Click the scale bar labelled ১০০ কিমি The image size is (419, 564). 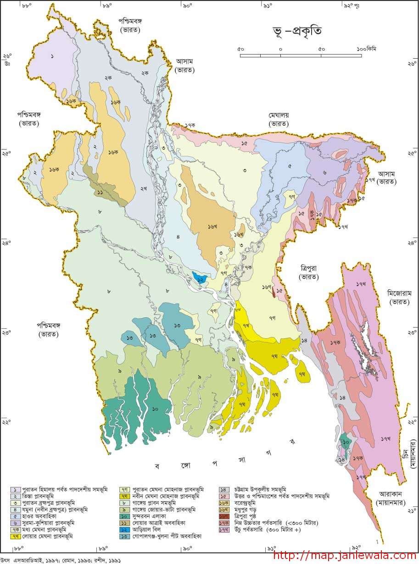(301, 55)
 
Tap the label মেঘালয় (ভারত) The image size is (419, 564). (279, 119)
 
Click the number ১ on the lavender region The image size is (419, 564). (52, 56)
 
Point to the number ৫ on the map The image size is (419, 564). (290, 166)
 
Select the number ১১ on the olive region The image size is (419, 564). (100, 192)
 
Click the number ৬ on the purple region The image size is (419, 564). (324, 172)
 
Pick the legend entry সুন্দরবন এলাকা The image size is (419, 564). (152, 516)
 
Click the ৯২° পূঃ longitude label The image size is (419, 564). (352, 6)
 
